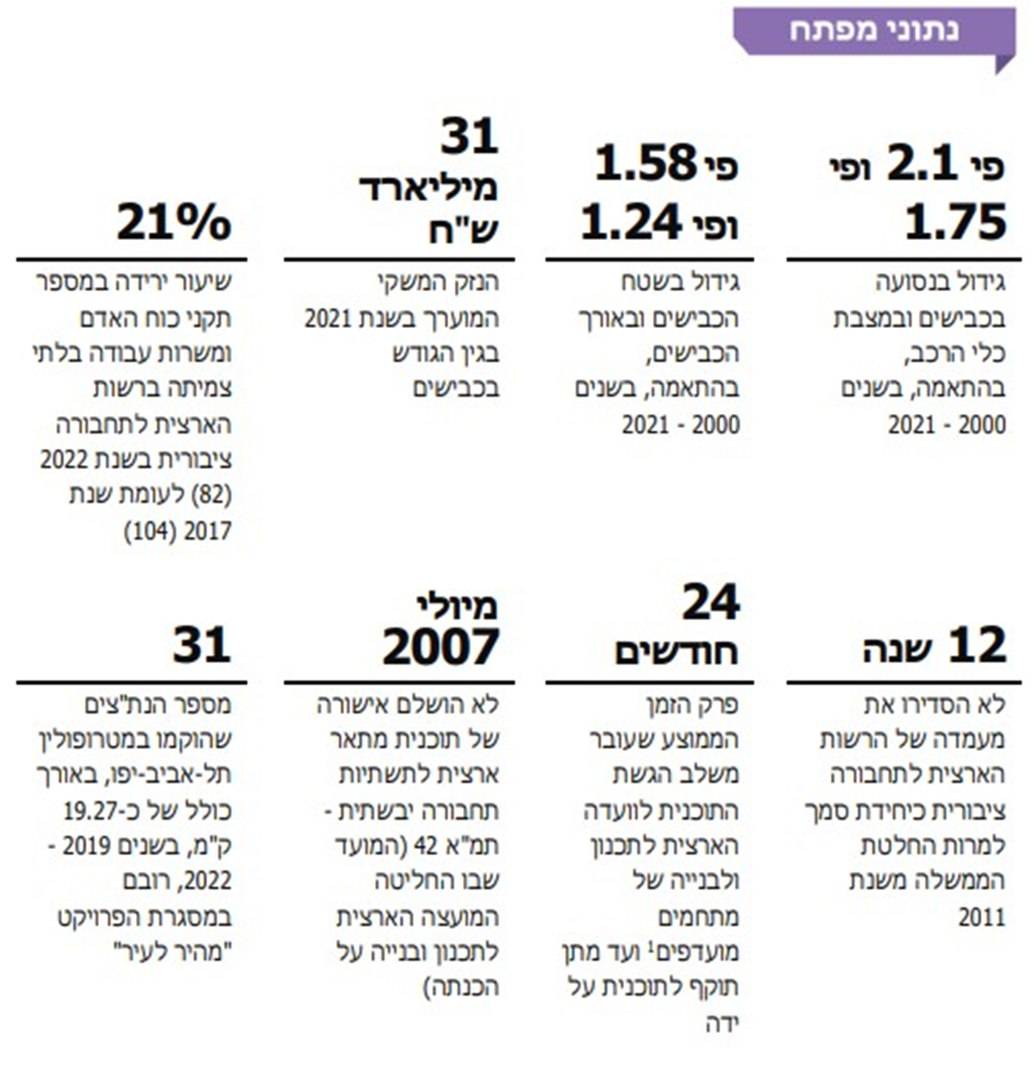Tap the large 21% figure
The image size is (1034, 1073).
174,222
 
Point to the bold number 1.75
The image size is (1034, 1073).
956,222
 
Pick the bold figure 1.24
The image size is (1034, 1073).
630,222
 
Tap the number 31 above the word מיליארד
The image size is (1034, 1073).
470,136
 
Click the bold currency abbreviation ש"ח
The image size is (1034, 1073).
464,229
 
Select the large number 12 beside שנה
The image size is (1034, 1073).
976,644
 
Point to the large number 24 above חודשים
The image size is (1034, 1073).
711,602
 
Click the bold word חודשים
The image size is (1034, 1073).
677,652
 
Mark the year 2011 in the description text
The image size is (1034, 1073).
982,917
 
